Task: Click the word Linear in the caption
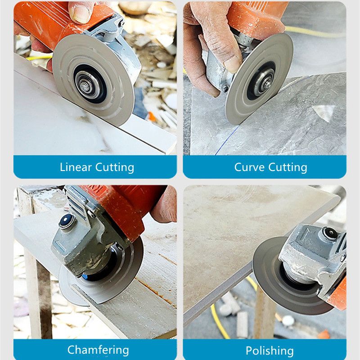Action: (76, 167)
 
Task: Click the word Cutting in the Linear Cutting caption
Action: (115, 167)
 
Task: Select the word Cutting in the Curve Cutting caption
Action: (288, 167)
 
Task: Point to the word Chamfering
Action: (98, 350)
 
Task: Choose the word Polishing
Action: (270, 351)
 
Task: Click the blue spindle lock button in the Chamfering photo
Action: (67, 221)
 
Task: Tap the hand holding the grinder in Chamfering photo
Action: (164, 206)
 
